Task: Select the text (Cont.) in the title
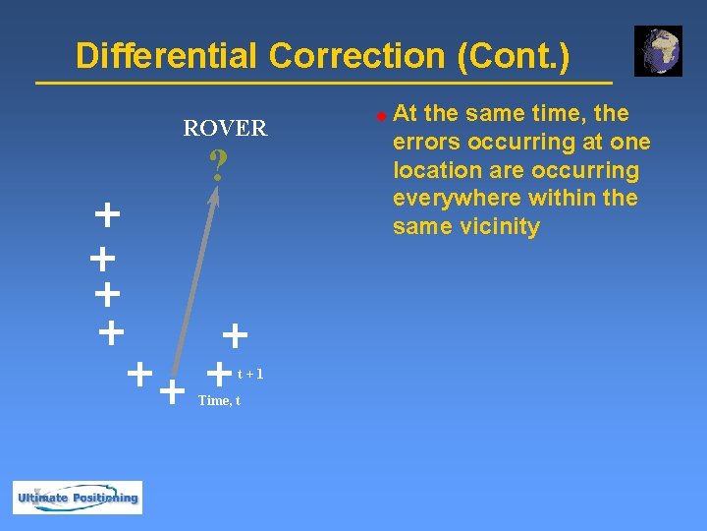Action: click(x=513, y=56)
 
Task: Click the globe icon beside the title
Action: click(x=658, y=51)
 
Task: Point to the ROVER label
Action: click(x=225, y=128)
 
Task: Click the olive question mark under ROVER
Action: click(x=218, y=165)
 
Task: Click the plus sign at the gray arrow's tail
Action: click(x=172, y=392)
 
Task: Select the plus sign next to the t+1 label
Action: click(x=221, y=373)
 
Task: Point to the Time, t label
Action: click(x=219, y=400)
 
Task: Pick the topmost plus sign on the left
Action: click(x=107, y=213)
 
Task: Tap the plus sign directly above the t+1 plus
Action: click(x=235, y=336)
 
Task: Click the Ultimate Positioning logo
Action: click(x=78, y=497)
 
